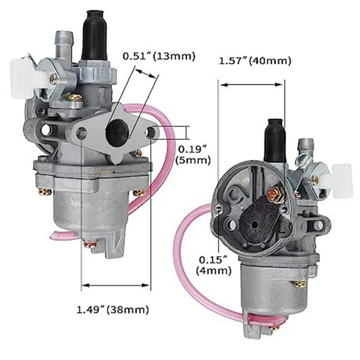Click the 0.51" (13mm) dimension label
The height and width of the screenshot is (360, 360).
coord(159,56)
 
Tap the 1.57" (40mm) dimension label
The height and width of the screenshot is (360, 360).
coord(254,61)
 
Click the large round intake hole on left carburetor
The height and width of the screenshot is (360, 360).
coord(117,132)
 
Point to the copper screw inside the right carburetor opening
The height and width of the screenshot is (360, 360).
coord(272,195)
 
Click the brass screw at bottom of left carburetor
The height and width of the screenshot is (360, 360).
coord(91,244)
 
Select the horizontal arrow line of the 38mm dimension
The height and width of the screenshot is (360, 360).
coord(116,286)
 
